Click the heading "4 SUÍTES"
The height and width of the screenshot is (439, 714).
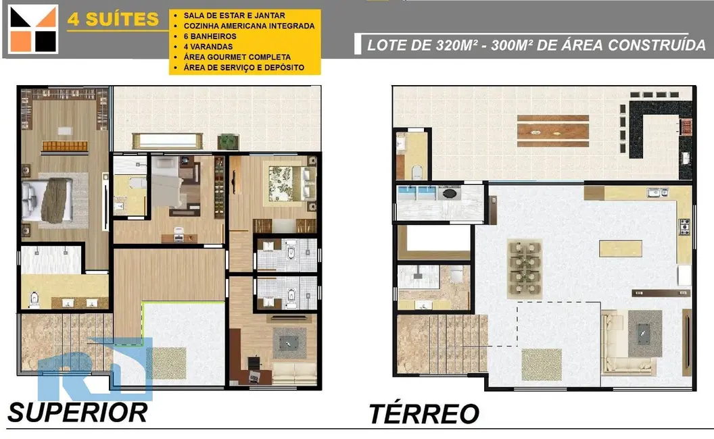point(113,19)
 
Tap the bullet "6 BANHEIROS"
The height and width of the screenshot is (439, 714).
point(208,36)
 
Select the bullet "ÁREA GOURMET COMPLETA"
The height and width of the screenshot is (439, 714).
point(237,57)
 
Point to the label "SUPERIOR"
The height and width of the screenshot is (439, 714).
point(78,411)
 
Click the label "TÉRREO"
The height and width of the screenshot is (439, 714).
point(424,413)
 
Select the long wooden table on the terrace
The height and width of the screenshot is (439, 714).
point(552,131)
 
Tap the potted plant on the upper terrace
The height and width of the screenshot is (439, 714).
point(228,141)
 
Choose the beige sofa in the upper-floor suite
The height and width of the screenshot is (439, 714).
point(294,371)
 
